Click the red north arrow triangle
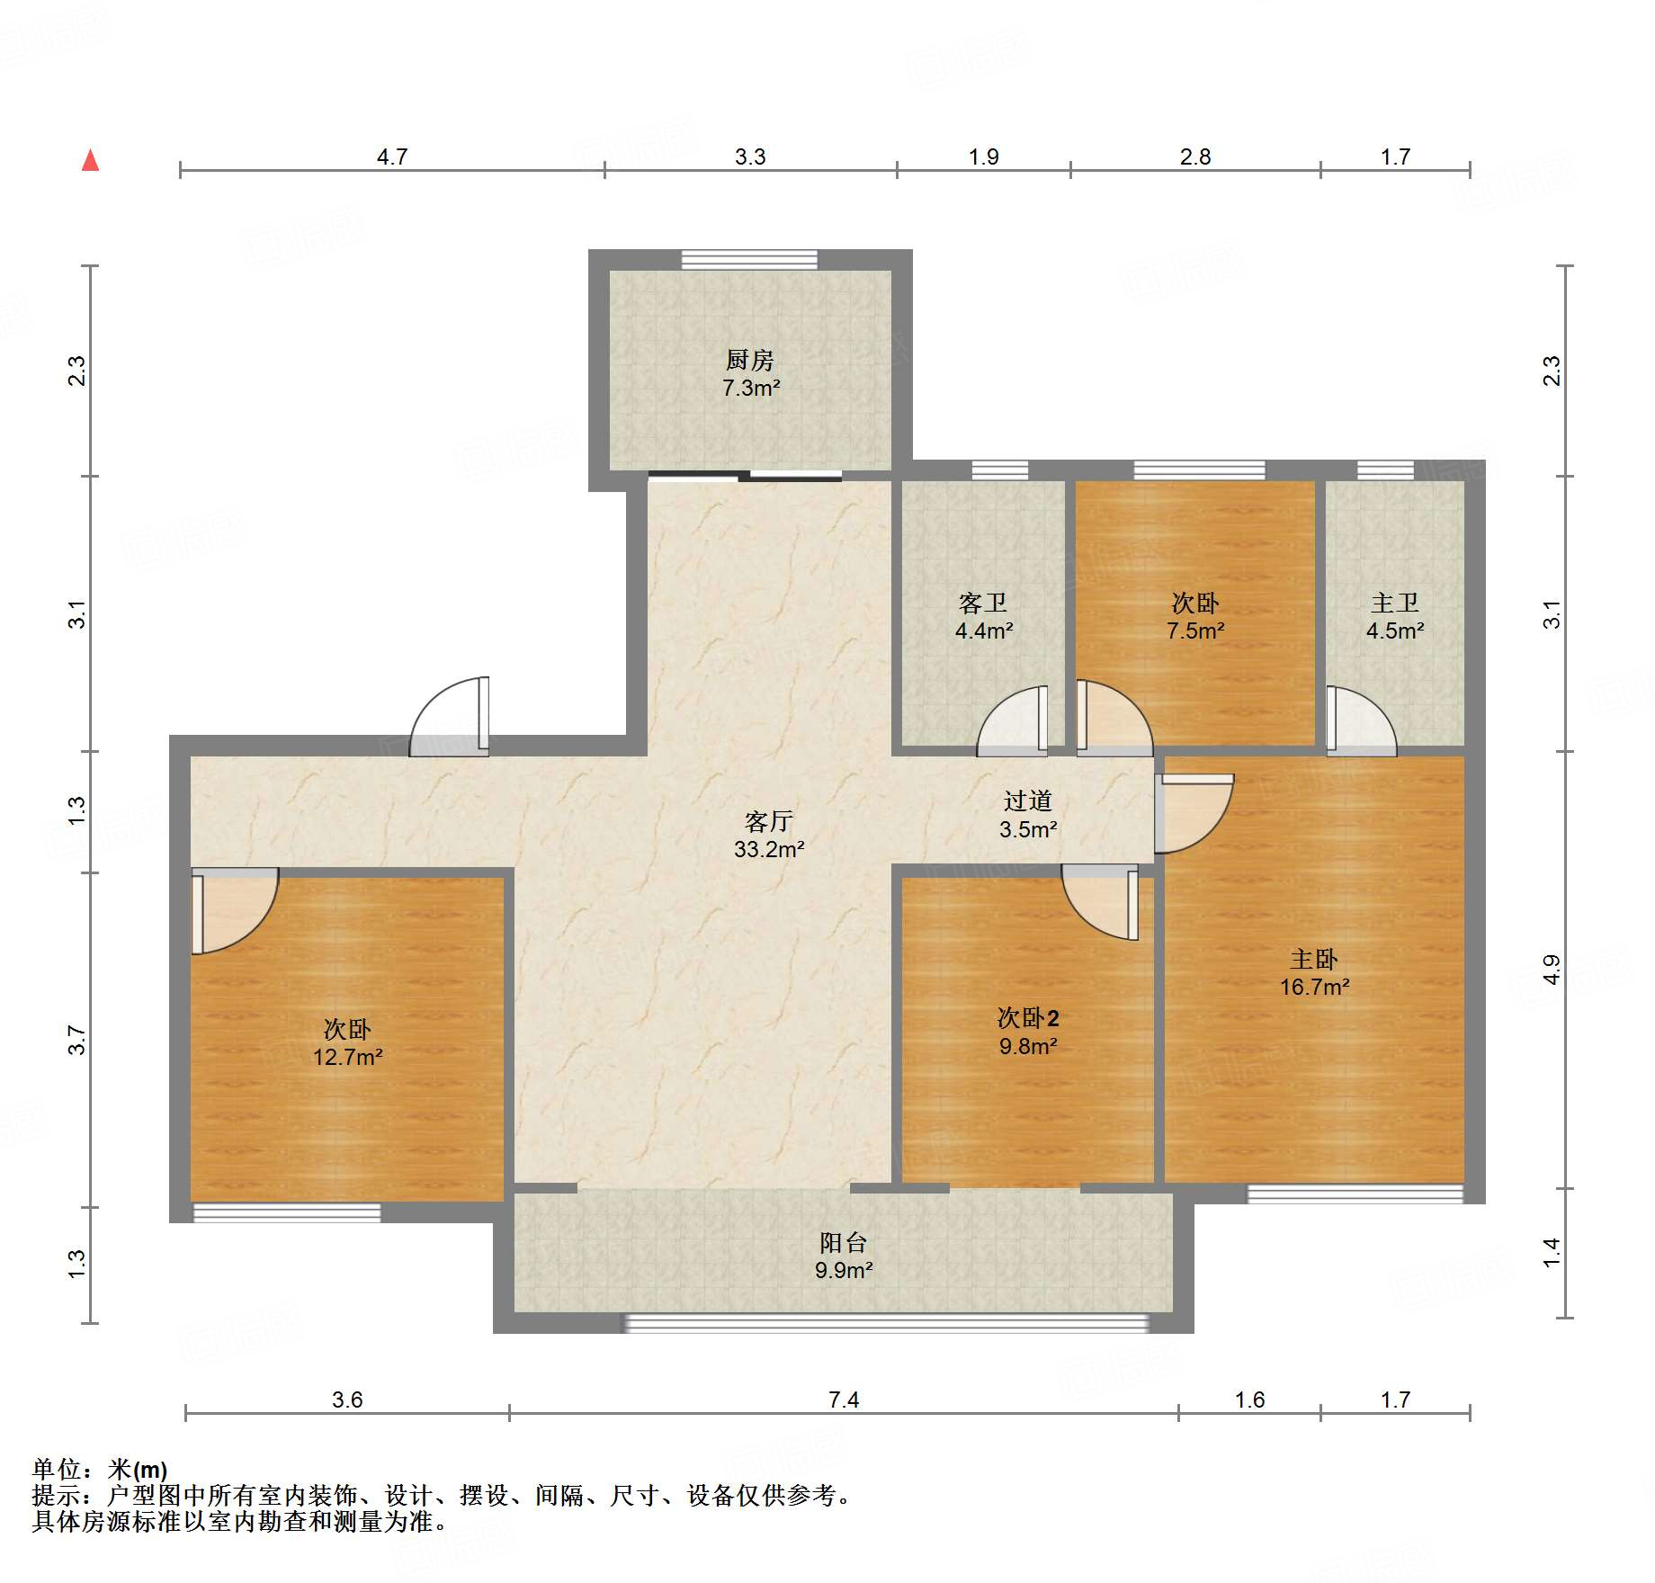point(90,161)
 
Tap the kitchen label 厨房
point(749,361)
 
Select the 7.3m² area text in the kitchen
point(751,389)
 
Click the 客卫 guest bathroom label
point(982,603)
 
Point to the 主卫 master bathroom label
point(1394,603)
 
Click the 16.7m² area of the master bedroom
point(1314,988)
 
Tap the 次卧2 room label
point(1028,1018)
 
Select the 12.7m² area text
point(347,1058)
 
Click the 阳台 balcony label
point(843,1243)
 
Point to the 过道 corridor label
point(1027,800)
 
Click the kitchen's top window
point(749,260)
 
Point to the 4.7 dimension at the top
point(392,157)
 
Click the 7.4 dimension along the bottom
point(844,1400)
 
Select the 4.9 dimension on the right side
point(1552,970)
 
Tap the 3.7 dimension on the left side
point(77,1041)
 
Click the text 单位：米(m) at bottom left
point(100,1470)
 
